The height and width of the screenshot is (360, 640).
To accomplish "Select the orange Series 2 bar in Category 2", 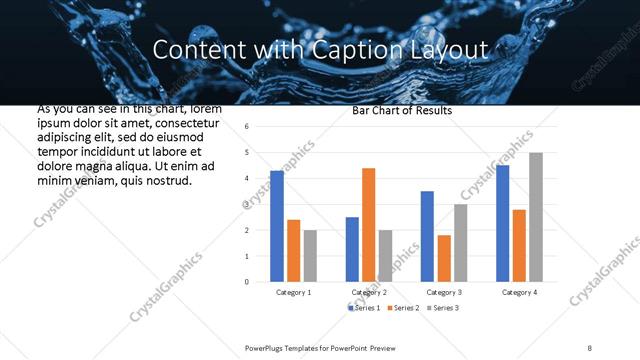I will pyautogui.click(x=368, y=225).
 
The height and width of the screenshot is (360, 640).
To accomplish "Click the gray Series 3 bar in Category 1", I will pyautogui.click(x=309, y=256).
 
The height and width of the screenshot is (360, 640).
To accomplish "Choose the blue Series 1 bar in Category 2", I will pyautogui.click(x=352, y=249).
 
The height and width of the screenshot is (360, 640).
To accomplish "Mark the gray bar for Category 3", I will pyautogui.click(x=460, y=243).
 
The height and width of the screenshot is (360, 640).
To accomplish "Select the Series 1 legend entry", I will pyautogui.click(x=364, y=307).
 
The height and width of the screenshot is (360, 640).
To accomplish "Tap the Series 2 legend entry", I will pyautogui.click(x=403, y=307).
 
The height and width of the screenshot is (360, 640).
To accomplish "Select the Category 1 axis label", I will pyautogui.click(x=293, y=292).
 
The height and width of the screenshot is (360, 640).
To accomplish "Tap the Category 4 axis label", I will pyautogui.click(x=518, y=292).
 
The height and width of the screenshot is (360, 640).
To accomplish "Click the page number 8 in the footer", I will pyautogui.click(x=590, y=347).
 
